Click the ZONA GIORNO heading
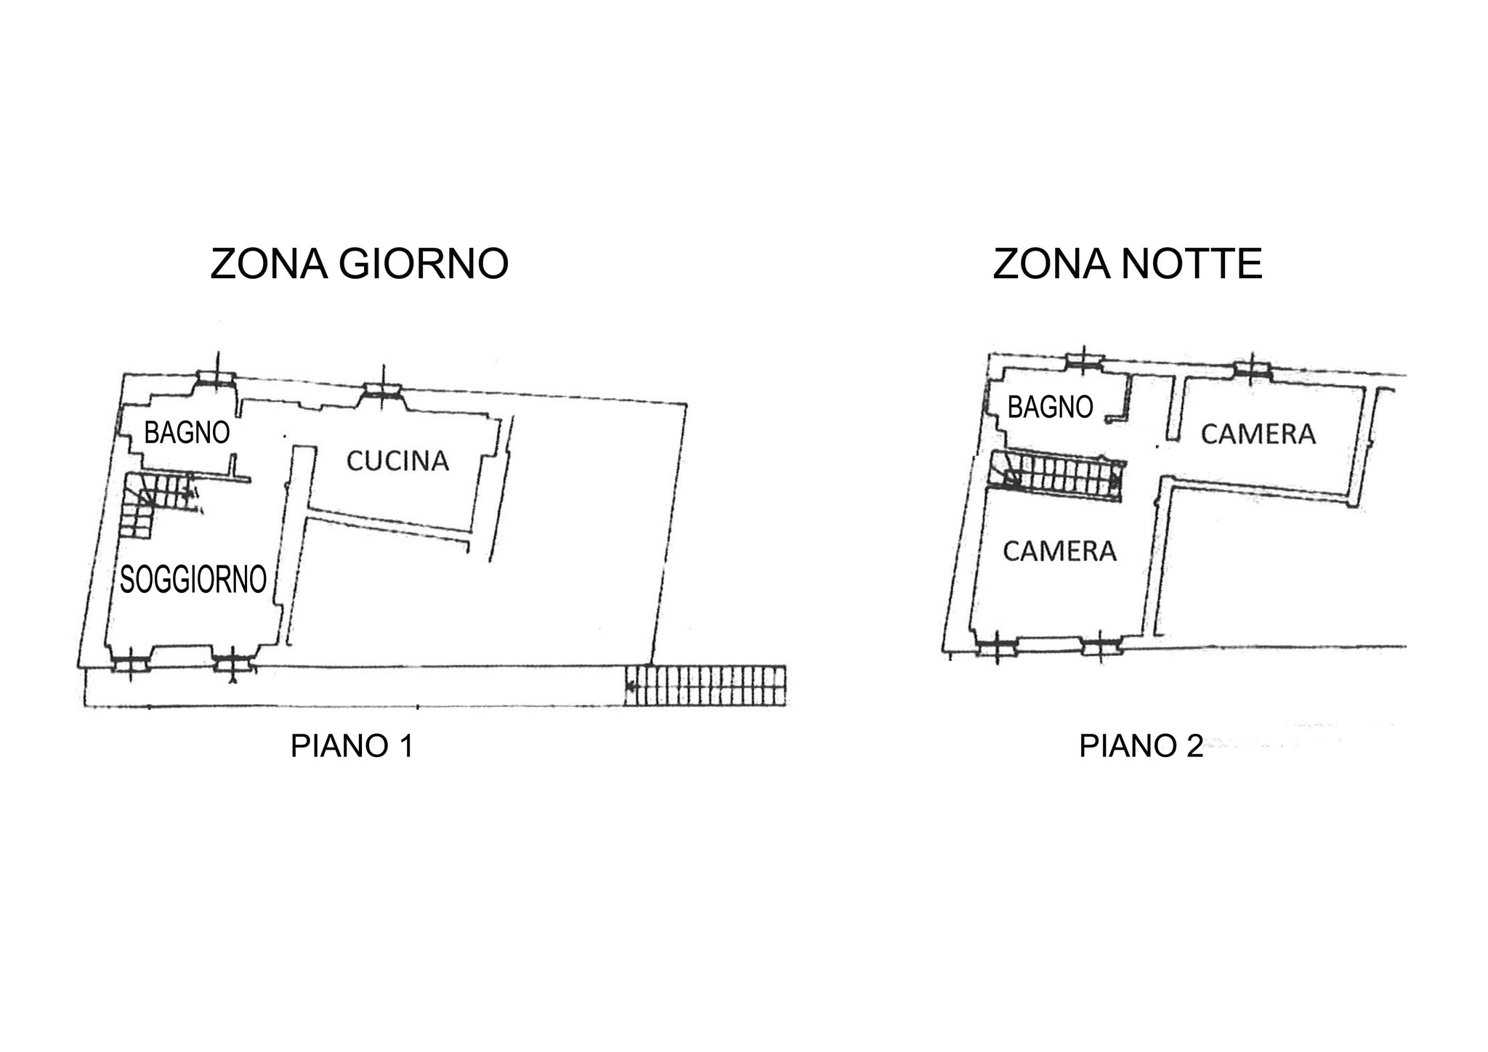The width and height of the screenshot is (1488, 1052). pos(359,264)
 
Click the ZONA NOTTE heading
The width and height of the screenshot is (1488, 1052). pos(1128,264)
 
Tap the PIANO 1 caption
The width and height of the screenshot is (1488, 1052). pos(352,746)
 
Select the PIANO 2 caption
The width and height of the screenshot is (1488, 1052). pos(1141,746)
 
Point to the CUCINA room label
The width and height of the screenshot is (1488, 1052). pos(397,461)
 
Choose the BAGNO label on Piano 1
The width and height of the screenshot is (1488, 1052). pos(187,433)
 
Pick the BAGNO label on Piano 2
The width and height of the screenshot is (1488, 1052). pos(1050,408)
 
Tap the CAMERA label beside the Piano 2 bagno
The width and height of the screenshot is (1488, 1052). pos(1258,434)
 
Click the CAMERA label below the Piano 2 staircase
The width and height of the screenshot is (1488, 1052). pos(1059,551)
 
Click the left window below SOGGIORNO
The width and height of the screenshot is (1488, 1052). pos(132,662)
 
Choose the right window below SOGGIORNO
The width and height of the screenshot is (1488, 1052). pos(232,662)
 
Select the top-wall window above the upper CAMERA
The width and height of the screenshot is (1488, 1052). pos(1253,370)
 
